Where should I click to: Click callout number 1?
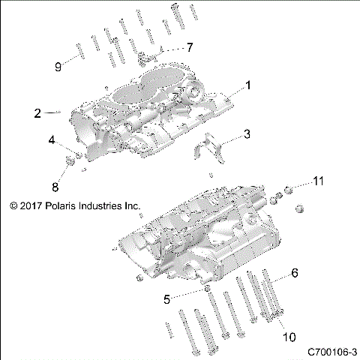(249, 86)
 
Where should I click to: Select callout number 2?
(37, 113)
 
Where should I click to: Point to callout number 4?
(52, 140)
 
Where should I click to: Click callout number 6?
(295, 274)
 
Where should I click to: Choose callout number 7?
(189, 47)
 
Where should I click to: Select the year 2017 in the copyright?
(28, 204)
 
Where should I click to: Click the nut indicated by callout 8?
(69, 160)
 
